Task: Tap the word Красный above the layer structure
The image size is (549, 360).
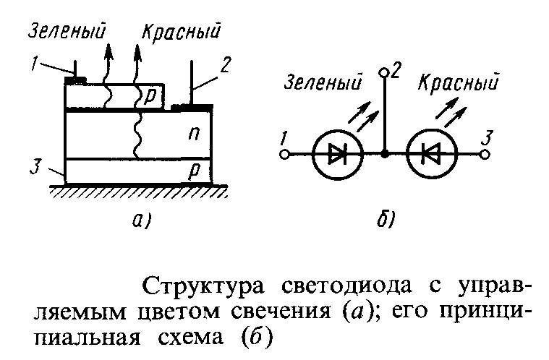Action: [x=181, y=32]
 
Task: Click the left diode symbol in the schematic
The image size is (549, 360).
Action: [x=338, y=154]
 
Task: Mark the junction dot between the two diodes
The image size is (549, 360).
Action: [x=385, y=154]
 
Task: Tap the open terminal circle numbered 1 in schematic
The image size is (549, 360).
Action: [x=285, y=154]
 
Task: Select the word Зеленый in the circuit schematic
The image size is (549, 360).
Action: [x=323, y=84]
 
